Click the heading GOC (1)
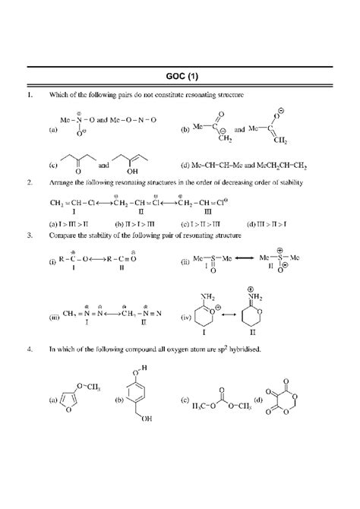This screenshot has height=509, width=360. (180, 77)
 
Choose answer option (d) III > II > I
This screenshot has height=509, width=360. (269, 224)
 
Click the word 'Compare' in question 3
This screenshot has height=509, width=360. (61, 236)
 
